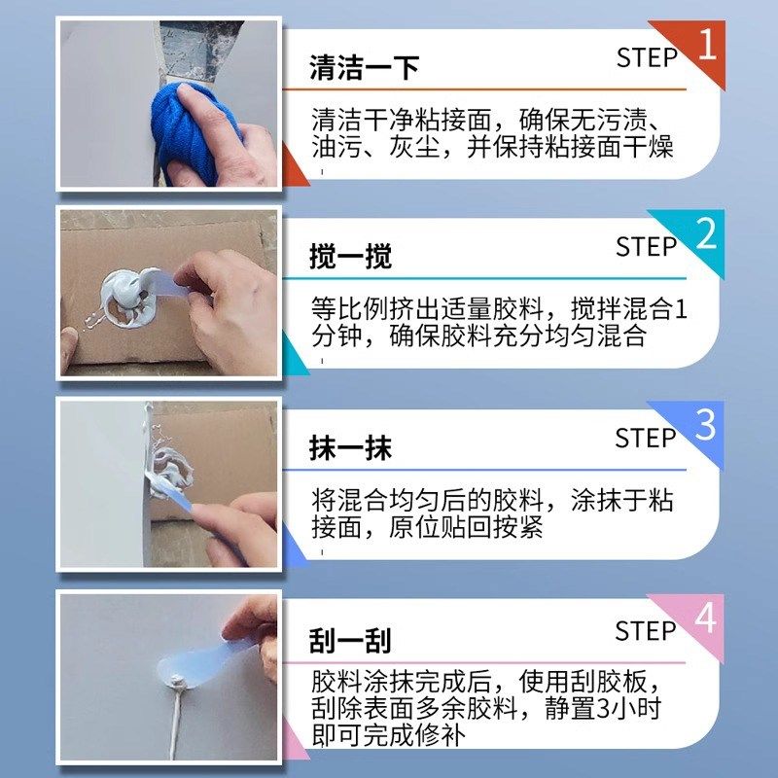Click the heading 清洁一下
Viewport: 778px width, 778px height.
350,67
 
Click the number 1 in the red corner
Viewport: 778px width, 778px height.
707,44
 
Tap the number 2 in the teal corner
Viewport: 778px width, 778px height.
707,234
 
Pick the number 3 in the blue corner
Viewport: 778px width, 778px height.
707,426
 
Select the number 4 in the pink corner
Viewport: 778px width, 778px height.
707,618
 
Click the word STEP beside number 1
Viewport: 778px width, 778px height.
647,57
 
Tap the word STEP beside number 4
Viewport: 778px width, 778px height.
647,631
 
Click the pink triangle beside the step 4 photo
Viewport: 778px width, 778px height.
292,744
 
